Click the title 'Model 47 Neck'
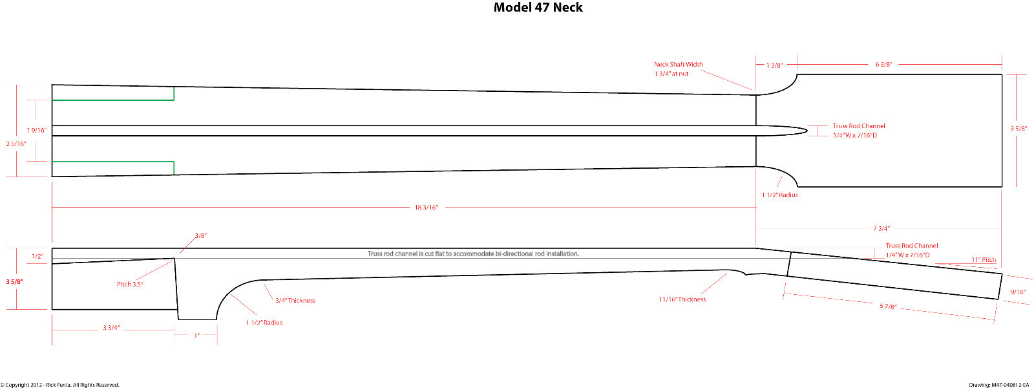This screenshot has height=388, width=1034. click(x=538, y=7)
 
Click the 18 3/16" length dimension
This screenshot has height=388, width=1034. click(x=427, y=208)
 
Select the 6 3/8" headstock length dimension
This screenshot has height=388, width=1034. click(x=883, y=64)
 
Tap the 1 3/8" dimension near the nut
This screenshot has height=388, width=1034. click(x=775, y=65)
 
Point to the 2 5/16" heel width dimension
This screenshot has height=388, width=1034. click(x=16, y=144)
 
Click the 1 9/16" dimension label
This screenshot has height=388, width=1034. click(x=37, y=130)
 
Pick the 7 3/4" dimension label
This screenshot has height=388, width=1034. click(x=881, y=228)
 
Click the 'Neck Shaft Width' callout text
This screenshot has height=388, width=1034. click(x=678, y=65)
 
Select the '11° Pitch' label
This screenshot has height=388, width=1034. click(x=984, y=259)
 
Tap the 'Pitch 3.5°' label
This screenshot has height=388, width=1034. click(x=130, y=284)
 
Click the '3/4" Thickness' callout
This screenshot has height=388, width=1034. click(x=295, y=300)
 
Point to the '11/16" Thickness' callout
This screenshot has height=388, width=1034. click(x=682, y=299)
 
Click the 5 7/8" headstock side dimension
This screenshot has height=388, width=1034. click(x=888, y=307)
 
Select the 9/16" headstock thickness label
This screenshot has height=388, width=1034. click(x=1018, y=292)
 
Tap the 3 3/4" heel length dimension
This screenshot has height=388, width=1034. click(x=111, y=328)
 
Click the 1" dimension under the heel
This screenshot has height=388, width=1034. click(x=196, y=336)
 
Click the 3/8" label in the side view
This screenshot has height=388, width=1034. click(x=200, y=235)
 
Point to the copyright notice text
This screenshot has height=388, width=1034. click(x=60, y=385)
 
